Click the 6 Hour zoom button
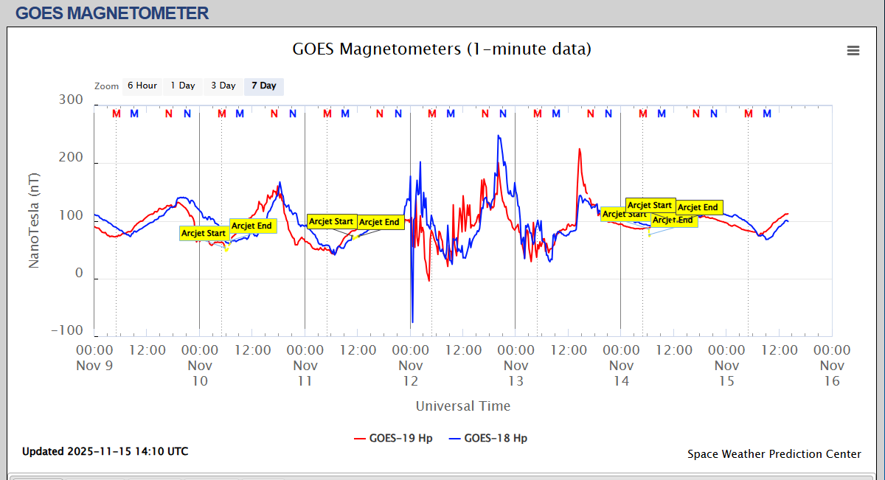142,86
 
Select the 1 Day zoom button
183,86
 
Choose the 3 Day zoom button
223,86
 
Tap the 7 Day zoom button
263,86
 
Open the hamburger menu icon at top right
853,50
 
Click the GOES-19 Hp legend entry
393,438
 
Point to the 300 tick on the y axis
71,100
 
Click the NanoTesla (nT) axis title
34,220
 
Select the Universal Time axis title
462,406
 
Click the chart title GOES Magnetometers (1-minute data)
442,49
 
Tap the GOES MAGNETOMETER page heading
112,13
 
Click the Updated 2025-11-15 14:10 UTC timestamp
105,451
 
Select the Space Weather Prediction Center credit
774,454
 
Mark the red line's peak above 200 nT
579,150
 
